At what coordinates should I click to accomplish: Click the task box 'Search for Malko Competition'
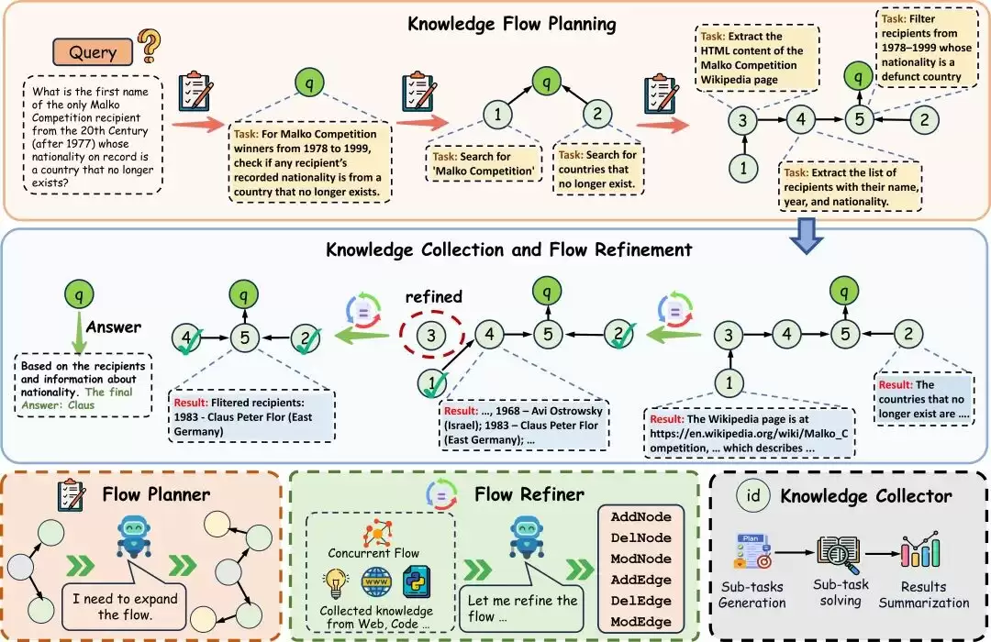484,163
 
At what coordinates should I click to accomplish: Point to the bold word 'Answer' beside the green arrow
114,327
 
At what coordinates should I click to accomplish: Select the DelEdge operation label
640,601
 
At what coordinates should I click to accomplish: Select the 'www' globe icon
376,582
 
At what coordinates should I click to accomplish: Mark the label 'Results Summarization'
923,594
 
